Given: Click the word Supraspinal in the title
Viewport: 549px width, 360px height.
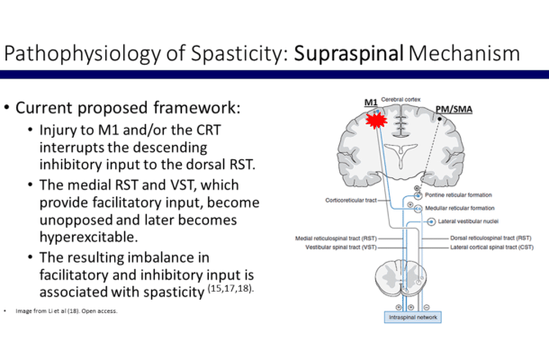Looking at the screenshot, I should tap(352, 53).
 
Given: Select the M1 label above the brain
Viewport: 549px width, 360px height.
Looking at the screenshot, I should tap(370, 103).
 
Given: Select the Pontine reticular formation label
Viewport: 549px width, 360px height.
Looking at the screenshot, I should tap(464, 194).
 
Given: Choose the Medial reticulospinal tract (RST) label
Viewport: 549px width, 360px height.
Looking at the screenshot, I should tap(337, 238).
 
